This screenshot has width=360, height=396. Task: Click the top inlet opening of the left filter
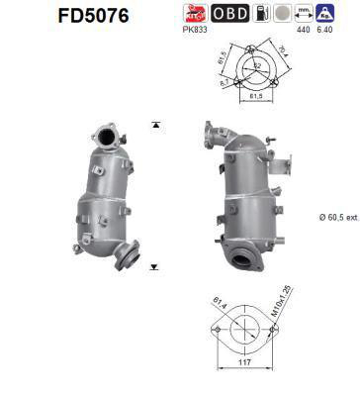[x=104, y=133]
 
